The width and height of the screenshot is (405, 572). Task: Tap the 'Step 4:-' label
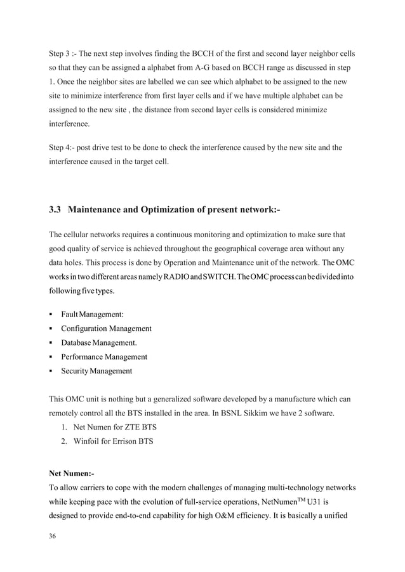point(64,148)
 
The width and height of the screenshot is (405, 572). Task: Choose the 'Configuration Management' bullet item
point(106,328)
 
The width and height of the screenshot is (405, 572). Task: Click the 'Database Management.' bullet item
point(99,342)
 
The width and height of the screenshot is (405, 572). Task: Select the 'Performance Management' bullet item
point(104,356)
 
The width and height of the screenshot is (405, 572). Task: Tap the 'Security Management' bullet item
point(96,370)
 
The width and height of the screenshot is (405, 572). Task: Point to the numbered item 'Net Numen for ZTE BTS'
point(110,426)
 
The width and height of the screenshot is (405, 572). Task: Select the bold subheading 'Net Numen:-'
point(72,473)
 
